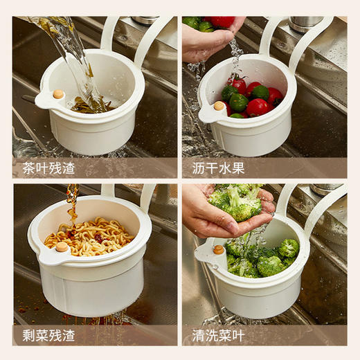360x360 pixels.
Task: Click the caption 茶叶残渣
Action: tap(44, 168)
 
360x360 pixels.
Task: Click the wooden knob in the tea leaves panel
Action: tap(59, 95)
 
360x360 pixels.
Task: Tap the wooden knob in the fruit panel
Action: tap(219, 106)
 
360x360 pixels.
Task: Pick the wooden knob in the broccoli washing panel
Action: tap(219, 249)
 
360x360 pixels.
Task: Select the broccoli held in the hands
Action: tap(235, 201)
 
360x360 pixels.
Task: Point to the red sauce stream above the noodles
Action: tap(72, 204)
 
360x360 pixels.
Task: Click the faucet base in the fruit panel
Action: tap(305, 24)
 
